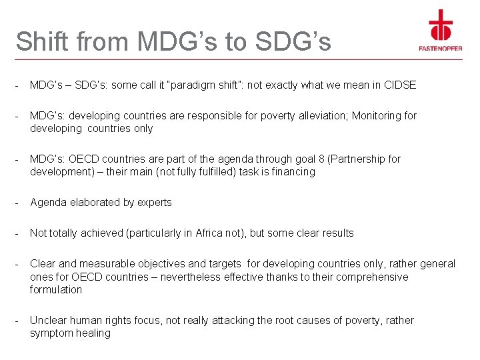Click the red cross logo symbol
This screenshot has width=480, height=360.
tap(440, 25)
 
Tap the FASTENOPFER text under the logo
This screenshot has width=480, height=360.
tap(440, 48)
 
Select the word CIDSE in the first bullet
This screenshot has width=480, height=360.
tap(400, 85)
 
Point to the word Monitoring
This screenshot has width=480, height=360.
tap(377, 115)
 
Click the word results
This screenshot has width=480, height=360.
tap(337, 233)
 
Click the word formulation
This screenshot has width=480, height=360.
tap(56, 289)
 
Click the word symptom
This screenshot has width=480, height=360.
tap(51, 333)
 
